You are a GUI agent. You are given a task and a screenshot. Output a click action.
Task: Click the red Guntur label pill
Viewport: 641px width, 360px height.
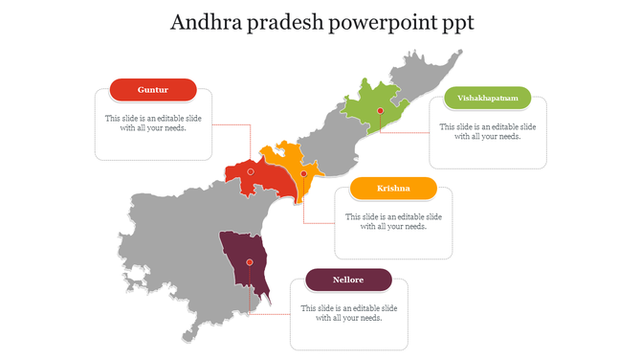pyautogui.click(x=153, y=90)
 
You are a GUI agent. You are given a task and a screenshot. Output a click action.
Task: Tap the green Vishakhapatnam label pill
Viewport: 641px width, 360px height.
pyautogui.click(x=488, y=98)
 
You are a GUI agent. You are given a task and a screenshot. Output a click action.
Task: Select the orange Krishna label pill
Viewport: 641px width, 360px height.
pyautogui.click(x=393, y=189)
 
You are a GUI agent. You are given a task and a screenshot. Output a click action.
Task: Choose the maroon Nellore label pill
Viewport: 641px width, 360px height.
pyautogui.click(x=348, y=280)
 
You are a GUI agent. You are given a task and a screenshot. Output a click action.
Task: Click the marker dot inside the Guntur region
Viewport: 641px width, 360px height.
pyautogui.click(x=251, y=171)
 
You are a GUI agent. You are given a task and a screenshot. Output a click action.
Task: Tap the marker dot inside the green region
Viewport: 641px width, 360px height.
pyautogui.click(x=380, y=111)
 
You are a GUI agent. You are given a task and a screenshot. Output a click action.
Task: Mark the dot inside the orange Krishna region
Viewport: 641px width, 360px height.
pyautogui.click(x=304, y=174)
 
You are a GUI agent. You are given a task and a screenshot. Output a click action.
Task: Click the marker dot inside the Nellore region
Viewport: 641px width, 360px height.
pyautogui.click(x=250, y=261)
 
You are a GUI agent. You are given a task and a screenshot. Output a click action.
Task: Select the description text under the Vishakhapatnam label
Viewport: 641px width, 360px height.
pyautogui.click(x=487, y=131)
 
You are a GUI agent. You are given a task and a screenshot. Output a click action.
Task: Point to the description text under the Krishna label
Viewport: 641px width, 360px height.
pyautogui.click(x=393, y=221)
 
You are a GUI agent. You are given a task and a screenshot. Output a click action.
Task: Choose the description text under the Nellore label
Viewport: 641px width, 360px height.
pyautogui.click(x=348, y=313)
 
